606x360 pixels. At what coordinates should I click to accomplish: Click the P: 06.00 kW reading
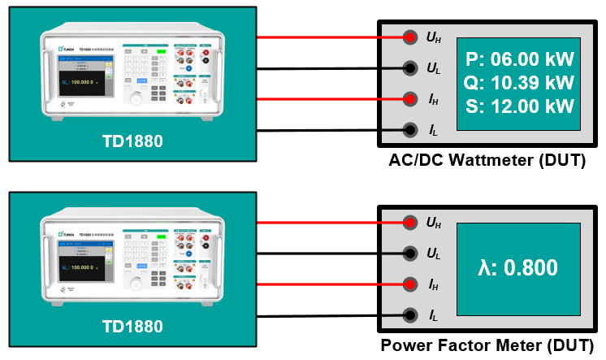(519, 59)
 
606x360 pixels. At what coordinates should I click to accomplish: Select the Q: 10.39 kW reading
(519, 83)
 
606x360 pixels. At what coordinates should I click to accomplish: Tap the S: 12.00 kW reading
(519, 106)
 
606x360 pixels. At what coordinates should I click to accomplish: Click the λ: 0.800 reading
(518, 268)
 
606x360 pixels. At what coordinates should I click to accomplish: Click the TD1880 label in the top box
(132, 141)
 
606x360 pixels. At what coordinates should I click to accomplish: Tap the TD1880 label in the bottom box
(132, 327)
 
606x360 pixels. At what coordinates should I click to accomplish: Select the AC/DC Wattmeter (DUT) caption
(487, 160)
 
